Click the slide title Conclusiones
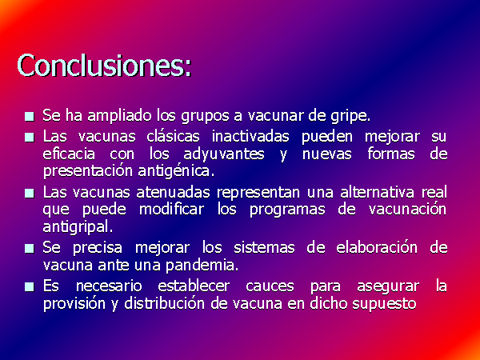click(104, 66)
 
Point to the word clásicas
click(173, 136)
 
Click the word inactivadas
click(250, 136)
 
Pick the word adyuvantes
click(224, 154)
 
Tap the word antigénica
click(176, 172)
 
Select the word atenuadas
click(173, 192)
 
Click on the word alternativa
click(378, 192)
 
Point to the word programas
click(287, 210)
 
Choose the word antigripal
click(78, 227)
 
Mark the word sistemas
click(264, 247)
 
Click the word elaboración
click(377, 247)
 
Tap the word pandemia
click(202, 266)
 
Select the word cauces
click(270, 286)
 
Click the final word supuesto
click(384, 304)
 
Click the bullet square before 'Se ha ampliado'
click(30, 117)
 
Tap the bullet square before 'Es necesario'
click(30, 287)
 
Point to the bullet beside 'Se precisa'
click(30, 248)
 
